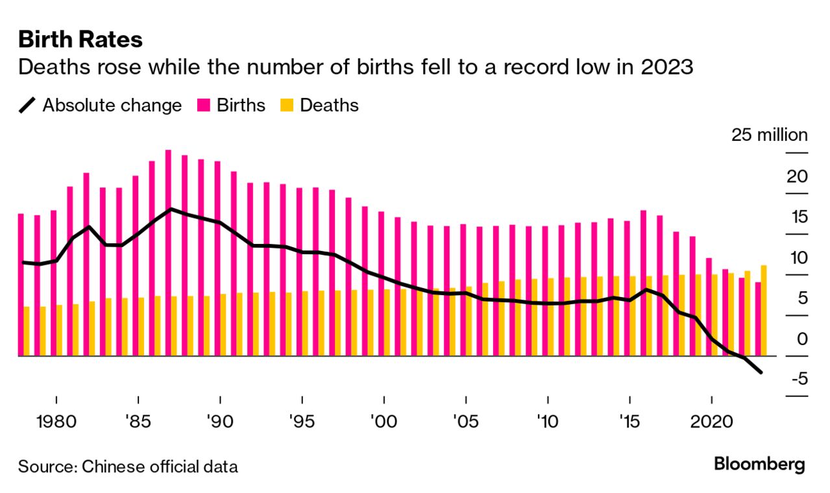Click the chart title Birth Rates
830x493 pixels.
point(80,40)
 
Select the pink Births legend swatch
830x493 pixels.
point(203,105)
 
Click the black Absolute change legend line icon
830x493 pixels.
point(27,105)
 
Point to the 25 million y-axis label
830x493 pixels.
point(769,136)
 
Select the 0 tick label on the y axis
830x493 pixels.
point(802,339)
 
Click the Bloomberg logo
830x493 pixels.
point(759,464)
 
